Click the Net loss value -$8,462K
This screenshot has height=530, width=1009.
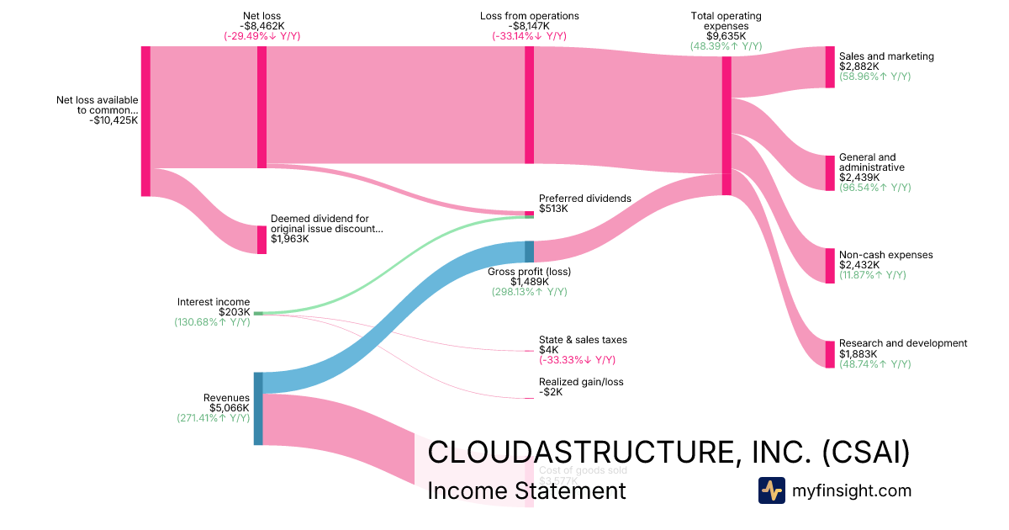point(261,26)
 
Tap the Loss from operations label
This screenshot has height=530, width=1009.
point(529,16)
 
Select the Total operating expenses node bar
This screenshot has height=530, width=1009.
point(726,126)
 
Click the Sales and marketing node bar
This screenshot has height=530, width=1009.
point(830,67)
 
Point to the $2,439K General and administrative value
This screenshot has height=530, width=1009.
point(859,178)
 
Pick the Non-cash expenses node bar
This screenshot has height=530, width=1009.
point(830,266)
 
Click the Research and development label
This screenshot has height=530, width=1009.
point(903,343)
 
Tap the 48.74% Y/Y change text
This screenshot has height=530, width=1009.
point(874,364)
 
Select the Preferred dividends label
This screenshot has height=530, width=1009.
point(584,199)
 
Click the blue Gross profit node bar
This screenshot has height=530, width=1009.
point(529,252)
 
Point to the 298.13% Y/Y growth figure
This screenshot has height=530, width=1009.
point(529,292)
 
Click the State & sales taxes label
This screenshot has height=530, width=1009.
point(583,340)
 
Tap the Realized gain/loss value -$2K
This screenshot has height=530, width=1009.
point(551,392)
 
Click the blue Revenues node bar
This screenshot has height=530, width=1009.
point(258,408)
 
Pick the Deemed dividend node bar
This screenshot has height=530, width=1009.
point(261,239)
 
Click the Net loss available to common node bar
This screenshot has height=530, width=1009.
point(145,121)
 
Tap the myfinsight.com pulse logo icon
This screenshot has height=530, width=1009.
point(771,490)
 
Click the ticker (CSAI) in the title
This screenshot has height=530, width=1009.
point(865,452)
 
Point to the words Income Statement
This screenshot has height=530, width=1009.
point(526,490)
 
